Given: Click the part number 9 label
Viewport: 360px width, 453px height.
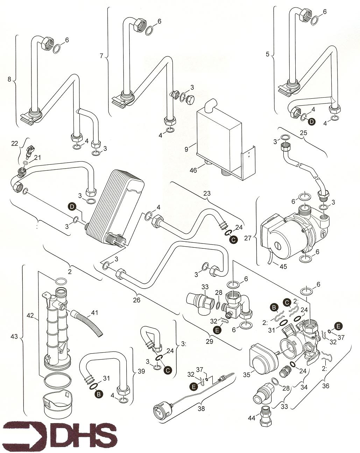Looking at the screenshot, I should (x=186, y=149).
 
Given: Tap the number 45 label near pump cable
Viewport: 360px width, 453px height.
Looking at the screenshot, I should (x=283, y=267).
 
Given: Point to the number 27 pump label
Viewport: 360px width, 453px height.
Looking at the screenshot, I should (x=248, y=238).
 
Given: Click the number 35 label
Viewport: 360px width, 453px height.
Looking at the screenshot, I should (x=247, y=375).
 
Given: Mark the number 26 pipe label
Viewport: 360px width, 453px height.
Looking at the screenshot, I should (x=136, y=300).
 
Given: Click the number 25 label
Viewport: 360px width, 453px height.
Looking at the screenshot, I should (x=303, y=133).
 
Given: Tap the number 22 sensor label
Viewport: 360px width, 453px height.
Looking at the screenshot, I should (x=15, y=143).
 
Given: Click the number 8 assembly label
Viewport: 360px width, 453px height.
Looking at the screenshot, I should (x=9, y=79).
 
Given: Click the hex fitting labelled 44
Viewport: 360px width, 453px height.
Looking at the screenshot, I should (x=266, y=416).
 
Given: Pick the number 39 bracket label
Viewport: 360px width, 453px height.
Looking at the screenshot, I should (x=141, y=371).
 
